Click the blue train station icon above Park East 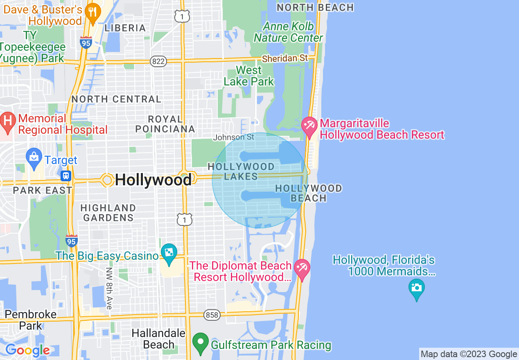(x=66, y=176)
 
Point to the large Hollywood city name (x=153, y=180)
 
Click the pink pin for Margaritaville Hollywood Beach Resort (x=309, y=126)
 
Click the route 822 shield (x=158, y=61)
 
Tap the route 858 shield (x=212, y=315)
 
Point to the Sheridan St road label (x=284, y=59)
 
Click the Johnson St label (x=233, y=137)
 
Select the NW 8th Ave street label (x=108, y=288)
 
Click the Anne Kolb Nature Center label (x=289, y=32)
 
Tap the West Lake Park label (x=248, y=76)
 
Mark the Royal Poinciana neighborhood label (x=165, y=124)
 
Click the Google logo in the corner (x=27, y=350)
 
